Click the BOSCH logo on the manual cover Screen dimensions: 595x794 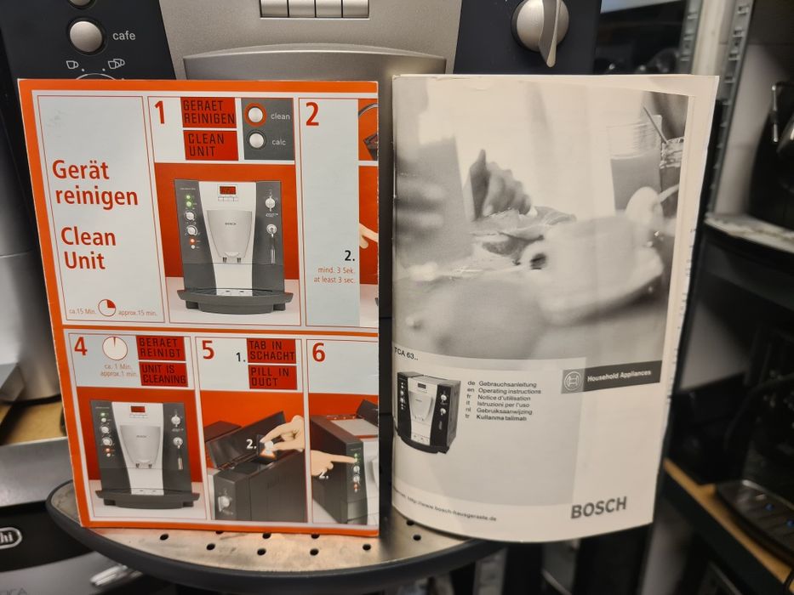(x=598, y=507)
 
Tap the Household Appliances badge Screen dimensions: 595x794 (x=610, y=377)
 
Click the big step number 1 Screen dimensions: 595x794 (x=159, y=113)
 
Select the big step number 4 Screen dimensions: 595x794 (x=80, y=347)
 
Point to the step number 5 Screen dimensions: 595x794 (x=208, y=350)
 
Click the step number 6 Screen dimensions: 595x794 (x=318, y=352)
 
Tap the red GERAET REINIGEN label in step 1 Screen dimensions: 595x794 (x=208, y=112)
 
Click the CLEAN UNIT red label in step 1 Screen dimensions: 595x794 (x=209, y=144)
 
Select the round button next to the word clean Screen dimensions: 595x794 (x=254, y=114)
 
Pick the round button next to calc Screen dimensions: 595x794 (x=256, y=141)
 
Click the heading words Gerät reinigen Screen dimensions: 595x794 (x=95, y=183)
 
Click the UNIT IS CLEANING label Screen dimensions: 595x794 (x=163, y=374)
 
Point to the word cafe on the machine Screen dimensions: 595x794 (x=123, y=36)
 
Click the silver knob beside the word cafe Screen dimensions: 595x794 (x=86, y=36)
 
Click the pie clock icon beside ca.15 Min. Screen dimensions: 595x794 (x=107, y=308)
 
